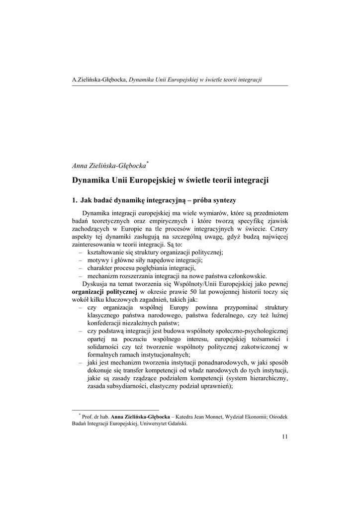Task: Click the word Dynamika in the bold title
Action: (x=90, y=180)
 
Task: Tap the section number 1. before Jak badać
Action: (x=75, y=201)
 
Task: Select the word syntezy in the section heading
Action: (x=224, y=201)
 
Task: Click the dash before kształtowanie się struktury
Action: (x=81, y=253)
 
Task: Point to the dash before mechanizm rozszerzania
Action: (x=81, y=276)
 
